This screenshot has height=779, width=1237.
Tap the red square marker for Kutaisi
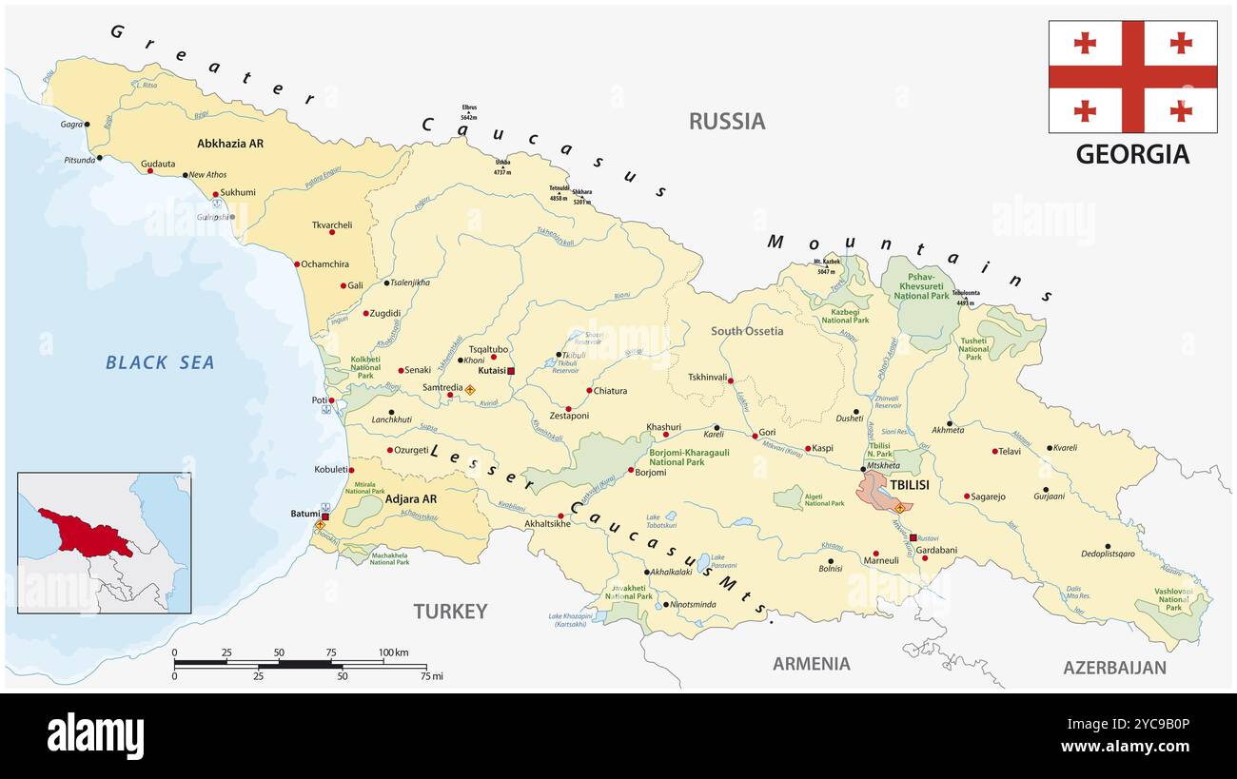click(x=511, y=371)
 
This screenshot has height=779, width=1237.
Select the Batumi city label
click(x=304, y=514)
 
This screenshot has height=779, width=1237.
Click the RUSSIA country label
click(x=726, y=121)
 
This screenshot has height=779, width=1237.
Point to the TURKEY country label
click(x=450, y=611)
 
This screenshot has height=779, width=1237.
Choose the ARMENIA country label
click(x=811, y=663)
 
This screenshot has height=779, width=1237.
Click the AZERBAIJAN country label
click(x=1113, y=667)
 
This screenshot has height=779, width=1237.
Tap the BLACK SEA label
click(x=160, y=362)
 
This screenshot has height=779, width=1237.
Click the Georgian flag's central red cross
click(x=1132, y=77)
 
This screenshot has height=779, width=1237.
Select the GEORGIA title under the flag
click(x=1132, y=154)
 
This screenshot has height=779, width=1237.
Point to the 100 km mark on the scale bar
click(x=394, y=652)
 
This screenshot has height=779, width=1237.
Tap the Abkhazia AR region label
click(x=229, y=144)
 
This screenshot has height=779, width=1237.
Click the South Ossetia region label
click(x=747, y=331)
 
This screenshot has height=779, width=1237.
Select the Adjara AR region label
click(x=411, y=498)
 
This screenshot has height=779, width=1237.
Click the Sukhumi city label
click(x=238, y=192)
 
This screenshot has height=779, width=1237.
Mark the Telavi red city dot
click(x=994, y=451)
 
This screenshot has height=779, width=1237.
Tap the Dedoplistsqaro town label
click(x=1109, y=554)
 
